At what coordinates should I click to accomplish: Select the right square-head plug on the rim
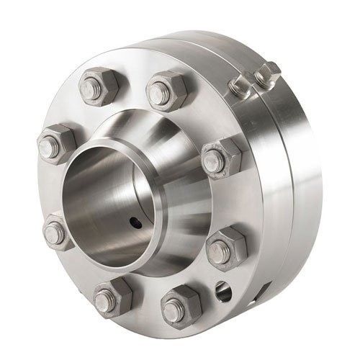[x=268, y=71]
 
